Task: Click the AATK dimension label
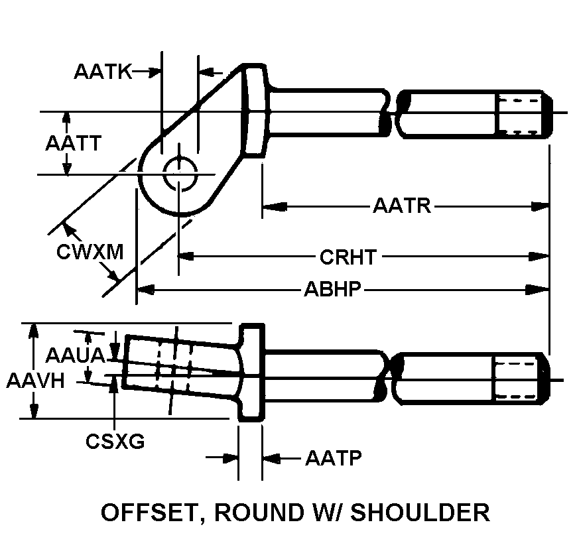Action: pyautogui.click(x=103, y=72)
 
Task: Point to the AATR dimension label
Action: pyautogui.click(x=402, y=206)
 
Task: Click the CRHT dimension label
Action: pyautogui.click(x=348, y=256)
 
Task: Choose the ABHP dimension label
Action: pyautogui.click(x=332, y=290)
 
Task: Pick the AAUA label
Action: pyautogui.click(x=75, y=356)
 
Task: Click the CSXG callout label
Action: pyautogui.click(x=115, y=441)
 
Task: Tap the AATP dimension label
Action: pyautogui.click(x=333, y=458)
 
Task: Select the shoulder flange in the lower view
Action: pyautogui.click(x=251, y=371)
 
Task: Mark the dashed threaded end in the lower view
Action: pyautogui.click(x=519, y=379)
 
